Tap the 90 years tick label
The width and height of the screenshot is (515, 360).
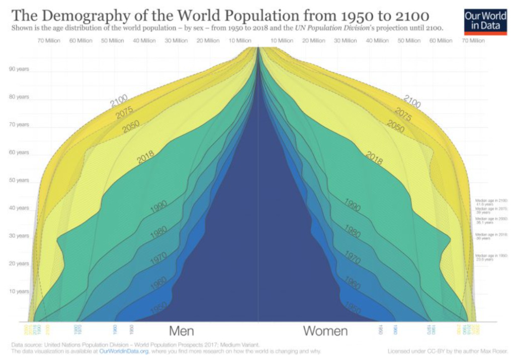pyautogui.click(x=19, y=69)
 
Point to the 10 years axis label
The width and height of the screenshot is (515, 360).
pyautogui.click(x=19, y=291)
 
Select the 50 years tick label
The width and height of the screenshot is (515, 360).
pyautogui.click(x=19, y=180)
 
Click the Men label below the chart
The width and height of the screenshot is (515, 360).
pyautogui.click(x=182, y=331)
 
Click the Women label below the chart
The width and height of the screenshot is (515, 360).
pyautogui.click(x=325, y=331)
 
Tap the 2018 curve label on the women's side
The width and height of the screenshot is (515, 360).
pyautogui.click(x=373, y=158)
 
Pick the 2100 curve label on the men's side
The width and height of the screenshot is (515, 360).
pyautogui.click(x=119, y=101)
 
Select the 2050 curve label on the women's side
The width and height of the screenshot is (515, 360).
pyautogui.click(x=395, y=127)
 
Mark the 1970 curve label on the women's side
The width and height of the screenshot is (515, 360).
pyautogui.click(x=352, y=258)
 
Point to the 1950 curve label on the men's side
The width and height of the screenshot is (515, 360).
pyautogui.click(x=158, y=308)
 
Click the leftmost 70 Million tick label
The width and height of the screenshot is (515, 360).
pyautogui.click(x=49, y=41)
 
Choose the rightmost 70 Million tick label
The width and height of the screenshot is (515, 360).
pyautogui.click(x=473, y=41)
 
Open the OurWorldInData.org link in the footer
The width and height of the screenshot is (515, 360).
pyautogui.click(x=124, y=351)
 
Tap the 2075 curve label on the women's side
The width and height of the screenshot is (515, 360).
pyautogui.click(x=403, y=115)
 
